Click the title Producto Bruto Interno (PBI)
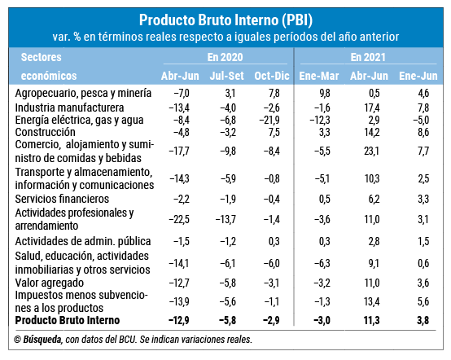click(225, 20)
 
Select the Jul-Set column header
click(226, 76)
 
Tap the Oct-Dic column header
click(272, 76)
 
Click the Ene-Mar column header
click(318, 76)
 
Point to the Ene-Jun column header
click(418, 76)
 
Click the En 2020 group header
click(225, 57)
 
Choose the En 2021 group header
click(368, 57)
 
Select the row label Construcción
click(45, 132)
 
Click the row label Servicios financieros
click(62, 199)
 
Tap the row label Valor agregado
click(50, 283)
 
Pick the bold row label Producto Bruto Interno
click(68, 320)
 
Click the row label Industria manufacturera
click(69, 108)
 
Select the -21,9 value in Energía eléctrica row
click(269, 120)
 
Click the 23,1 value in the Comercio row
click(371, 151)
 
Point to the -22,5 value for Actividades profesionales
click(179, 220)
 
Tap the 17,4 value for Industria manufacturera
click(372, 108)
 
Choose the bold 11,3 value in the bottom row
click(371, 320)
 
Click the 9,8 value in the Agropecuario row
click(325, 93)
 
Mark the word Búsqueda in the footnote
click(42, 340)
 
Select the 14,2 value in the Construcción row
click(371, 132)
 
